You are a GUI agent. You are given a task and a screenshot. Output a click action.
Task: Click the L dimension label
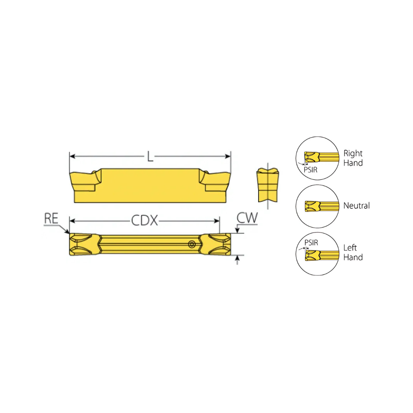tap(150, 156)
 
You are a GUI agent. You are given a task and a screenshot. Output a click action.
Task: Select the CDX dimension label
tap(145, 221)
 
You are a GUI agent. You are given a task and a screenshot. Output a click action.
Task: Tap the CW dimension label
tap(247, 218)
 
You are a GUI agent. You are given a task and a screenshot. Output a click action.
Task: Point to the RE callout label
tap(51, 218)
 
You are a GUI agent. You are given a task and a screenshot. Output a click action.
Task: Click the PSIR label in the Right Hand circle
tap(311, 170)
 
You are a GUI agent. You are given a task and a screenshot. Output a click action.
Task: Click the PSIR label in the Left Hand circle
tap(311, 242)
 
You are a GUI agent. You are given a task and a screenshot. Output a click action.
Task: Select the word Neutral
tap(357, 205)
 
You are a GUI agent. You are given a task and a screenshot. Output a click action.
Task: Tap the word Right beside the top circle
tap(353, 153)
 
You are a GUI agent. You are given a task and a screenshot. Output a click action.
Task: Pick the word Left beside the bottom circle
tap(350, 247)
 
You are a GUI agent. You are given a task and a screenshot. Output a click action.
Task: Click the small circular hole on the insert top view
tap(192, 244)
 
